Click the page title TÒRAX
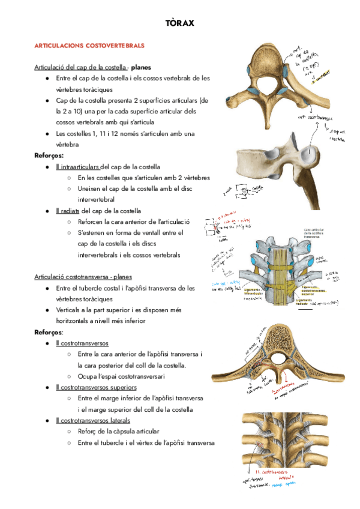[179, 23]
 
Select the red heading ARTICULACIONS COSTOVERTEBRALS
[89, 46]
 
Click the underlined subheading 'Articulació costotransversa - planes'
[83, 277]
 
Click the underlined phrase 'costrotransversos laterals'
[92, 420]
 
